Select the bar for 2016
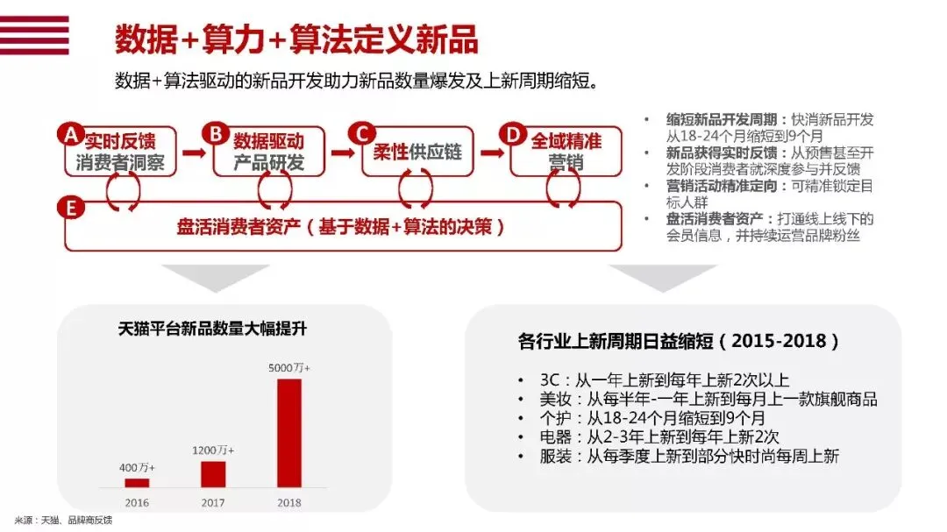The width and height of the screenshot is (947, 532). pos(137,482)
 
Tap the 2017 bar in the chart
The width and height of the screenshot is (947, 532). pos(213,473)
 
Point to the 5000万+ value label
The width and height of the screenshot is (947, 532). pos(289,367)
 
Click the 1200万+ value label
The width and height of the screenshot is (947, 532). pos(213,450)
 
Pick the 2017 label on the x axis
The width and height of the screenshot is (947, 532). pos(213,503)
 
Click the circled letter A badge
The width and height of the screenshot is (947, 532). pos(70,134)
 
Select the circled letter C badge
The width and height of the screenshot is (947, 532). pos(360,133)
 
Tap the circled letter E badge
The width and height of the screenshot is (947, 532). pos(70,208)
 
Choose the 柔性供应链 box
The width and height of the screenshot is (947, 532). pos(417,152)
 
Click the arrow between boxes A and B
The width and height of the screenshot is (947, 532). pos(194,153)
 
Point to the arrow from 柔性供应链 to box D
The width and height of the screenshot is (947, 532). pos(492,153)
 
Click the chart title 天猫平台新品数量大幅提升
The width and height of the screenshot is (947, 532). pos(212,330)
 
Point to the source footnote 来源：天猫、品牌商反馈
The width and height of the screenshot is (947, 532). pos(63,521)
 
